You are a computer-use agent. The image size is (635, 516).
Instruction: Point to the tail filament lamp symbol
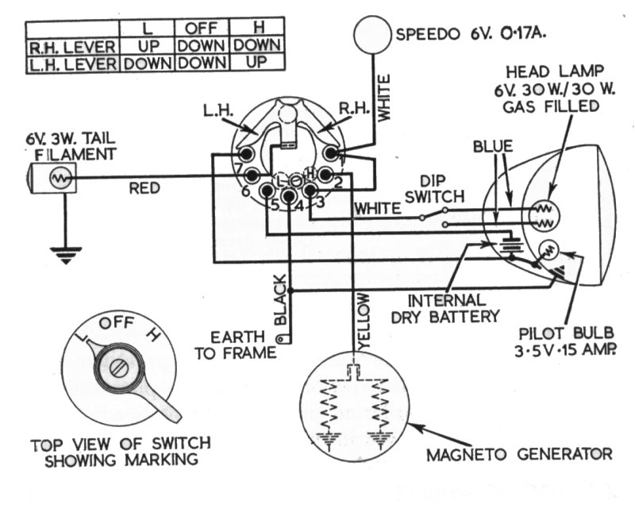pos(57,178)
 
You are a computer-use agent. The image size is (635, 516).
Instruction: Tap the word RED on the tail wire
pos(145,188)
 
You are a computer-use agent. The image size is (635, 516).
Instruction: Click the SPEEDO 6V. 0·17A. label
pos(473,34)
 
